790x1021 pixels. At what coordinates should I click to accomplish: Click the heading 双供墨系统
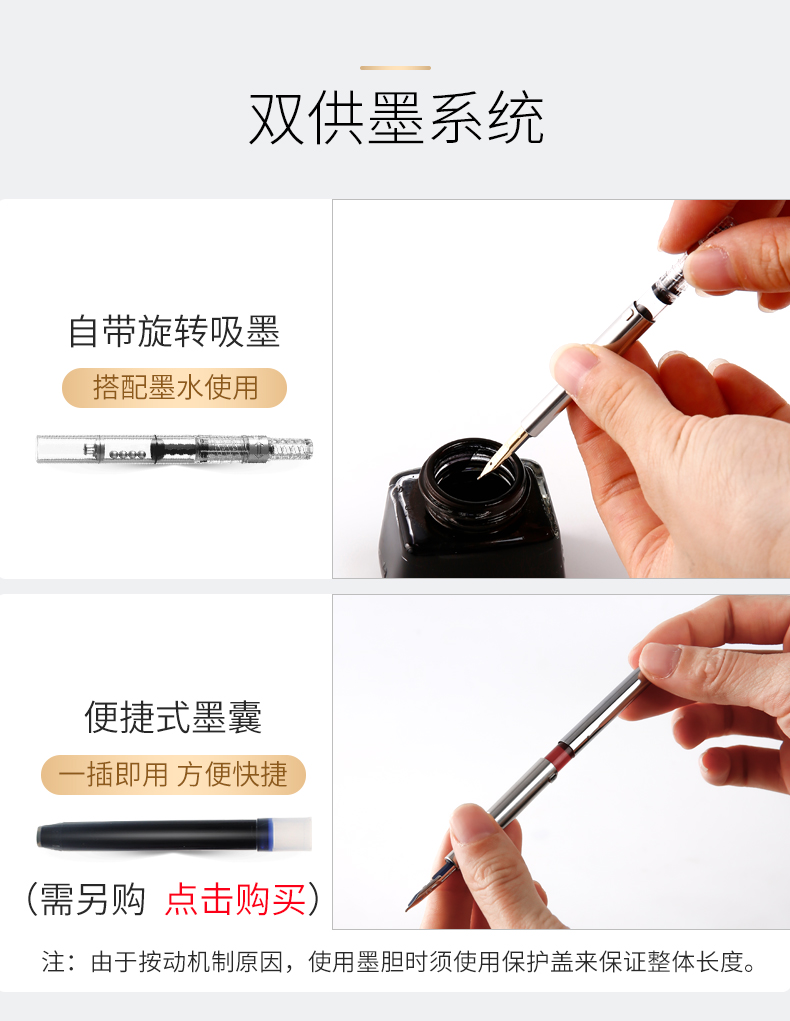click(x=396, y=119)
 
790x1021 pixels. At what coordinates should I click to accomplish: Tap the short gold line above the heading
click(x=395, y=68)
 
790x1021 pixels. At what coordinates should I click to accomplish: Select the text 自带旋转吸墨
click(x=175, y=331)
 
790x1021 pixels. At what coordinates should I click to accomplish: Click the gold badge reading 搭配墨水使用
click(x=175, y=388)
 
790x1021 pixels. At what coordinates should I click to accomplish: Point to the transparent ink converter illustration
click(x=175, y=449)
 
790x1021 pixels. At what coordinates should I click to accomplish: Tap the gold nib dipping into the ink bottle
click(x=501, y=455)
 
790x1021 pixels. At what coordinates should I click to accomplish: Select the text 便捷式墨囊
click(x=173, y=718)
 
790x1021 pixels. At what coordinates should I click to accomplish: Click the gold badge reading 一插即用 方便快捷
click(x=173, y=775)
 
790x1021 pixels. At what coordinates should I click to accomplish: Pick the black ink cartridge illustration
click(x=175, y=834)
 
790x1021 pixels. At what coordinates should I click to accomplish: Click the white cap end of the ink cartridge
click(x=292, y=834)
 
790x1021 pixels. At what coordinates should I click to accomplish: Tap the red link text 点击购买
click(x=235, y=900)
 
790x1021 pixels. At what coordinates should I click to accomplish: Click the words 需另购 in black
click(x=93, y=900)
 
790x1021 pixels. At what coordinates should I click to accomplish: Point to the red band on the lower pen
click(x=559, y=755)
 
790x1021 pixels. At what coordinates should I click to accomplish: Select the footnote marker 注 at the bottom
click(x=53, y=962)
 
